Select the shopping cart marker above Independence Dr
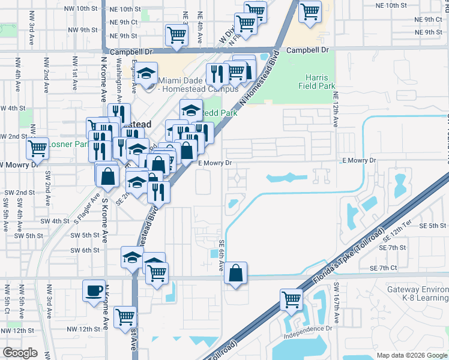291,298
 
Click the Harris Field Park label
316,82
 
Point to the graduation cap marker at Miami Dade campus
145,74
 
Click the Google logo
20,353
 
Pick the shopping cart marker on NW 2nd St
38,147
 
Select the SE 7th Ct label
384,268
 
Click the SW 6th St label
84,250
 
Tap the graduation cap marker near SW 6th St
132,257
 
